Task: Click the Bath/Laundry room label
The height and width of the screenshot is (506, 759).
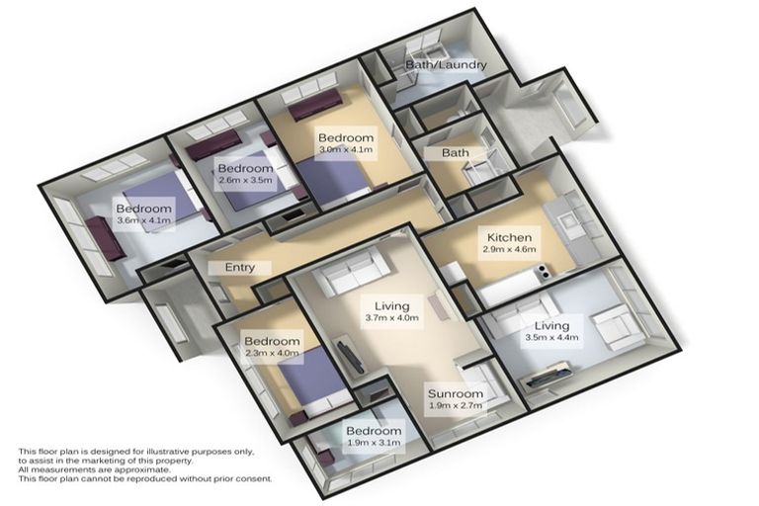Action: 446,65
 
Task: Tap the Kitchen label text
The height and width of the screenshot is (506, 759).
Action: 510,238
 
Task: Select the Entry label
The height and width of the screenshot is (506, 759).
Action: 240,268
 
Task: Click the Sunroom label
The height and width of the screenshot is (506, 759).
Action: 455,391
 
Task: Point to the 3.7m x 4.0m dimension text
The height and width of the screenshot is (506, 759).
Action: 390,318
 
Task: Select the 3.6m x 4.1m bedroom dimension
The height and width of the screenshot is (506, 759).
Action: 143,222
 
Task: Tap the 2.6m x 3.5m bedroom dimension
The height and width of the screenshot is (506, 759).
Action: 244,182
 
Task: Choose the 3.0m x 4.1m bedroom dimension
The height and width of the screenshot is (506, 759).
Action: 345,151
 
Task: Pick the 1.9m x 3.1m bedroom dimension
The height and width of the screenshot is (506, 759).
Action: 373,445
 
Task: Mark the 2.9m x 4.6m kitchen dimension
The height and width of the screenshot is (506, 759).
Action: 510,252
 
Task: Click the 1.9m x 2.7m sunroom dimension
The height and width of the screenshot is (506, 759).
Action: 455,405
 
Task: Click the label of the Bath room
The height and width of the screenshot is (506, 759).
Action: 455,153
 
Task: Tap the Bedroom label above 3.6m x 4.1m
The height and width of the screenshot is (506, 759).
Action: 143,209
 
